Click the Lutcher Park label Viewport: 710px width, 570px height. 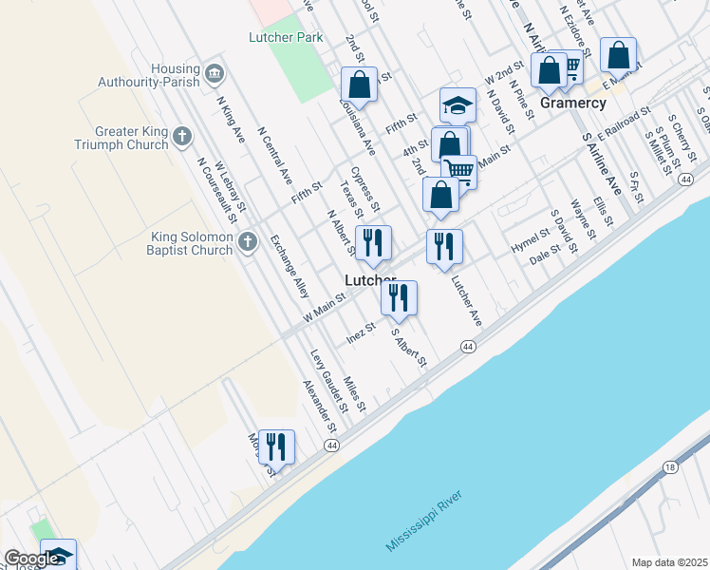(286, 37)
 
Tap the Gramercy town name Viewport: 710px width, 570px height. (573, 102)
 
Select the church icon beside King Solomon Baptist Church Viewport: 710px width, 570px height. (248, 241)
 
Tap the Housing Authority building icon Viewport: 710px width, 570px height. (215, 73)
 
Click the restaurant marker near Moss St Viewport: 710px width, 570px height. (276, 447)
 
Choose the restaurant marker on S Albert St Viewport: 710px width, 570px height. (399, 298)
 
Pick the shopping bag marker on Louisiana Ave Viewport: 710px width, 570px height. (360, 85)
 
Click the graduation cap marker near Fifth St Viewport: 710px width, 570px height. (458, 105)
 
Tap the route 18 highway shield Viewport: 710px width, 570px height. (670, 467)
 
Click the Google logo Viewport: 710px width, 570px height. (31, 560)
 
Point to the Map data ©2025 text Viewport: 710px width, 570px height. (669, 562)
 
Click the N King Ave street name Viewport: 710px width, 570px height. (231, 119)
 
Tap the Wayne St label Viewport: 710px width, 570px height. (582, 218)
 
